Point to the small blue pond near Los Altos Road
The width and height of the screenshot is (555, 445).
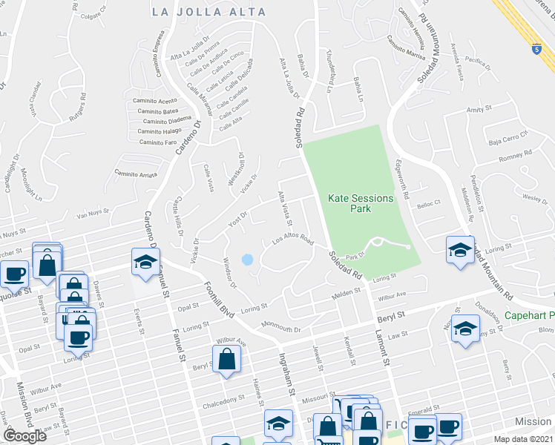pyautogui.click(x=247, y=260)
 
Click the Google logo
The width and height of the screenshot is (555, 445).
pyautogui.click(x=24, y=435)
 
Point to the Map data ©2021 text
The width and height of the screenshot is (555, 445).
pyautogui.click(x=522, y=439)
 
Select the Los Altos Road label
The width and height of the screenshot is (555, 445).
pyautogui.click(x=293, y=241)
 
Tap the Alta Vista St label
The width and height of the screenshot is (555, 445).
pyautogui.click(x=285, y=208)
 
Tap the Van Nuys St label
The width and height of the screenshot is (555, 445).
pyautogui.click(x=93, y=217)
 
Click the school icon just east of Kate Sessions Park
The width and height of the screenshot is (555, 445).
pyautogui.click(x=460, y=250)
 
